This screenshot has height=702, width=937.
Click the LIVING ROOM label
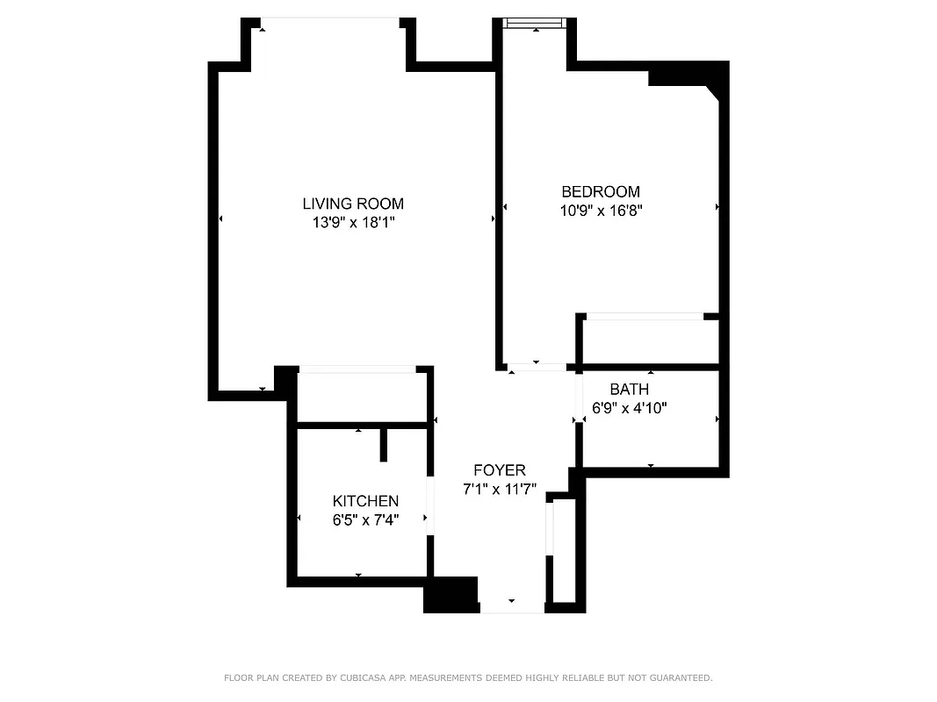point(353,204)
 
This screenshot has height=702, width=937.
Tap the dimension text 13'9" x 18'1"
point(353,223)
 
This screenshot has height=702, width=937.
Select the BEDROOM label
point(601,191)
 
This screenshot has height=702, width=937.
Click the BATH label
point(630,389)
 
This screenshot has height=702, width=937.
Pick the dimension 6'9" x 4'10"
point(630,407)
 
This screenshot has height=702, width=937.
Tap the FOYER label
point(500,470)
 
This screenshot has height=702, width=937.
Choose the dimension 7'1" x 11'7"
point(500,490)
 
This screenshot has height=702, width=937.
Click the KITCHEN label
point(365,501)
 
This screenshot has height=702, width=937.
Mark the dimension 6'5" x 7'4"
point(365,519)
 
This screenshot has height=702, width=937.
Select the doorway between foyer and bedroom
point(537,367)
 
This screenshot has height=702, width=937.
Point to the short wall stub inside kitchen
point(384,444)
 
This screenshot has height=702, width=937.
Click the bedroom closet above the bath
point(649,340)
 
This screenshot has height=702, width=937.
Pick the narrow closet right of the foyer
point(563,550)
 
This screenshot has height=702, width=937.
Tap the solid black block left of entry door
point(450,594)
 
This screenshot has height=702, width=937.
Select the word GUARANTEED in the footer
point(676,677)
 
